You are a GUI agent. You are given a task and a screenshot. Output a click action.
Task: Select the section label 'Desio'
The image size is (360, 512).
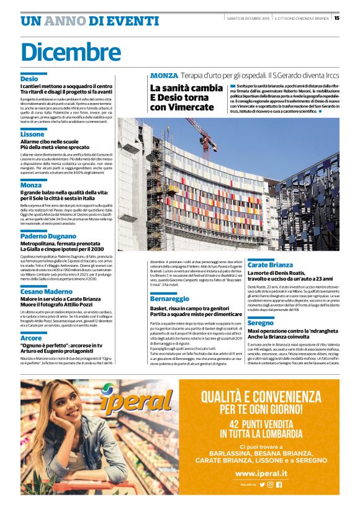pos(29,79)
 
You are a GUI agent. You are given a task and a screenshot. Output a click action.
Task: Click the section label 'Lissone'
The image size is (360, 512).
pos(32,134)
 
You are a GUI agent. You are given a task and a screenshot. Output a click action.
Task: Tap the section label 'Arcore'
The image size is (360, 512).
pos(31,338)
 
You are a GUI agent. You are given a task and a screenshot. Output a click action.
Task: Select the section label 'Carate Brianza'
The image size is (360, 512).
pos(270,265)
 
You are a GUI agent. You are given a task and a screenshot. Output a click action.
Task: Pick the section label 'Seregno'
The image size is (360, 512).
pos(260,323)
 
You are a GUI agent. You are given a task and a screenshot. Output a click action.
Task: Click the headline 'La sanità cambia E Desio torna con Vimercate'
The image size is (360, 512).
pos(186,97)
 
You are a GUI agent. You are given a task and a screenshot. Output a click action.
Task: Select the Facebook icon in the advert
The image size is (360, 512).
pos(279,485)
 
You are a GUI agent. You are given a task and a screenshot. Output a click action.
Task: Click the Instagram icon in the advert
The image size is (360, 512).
pos(270,485)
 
